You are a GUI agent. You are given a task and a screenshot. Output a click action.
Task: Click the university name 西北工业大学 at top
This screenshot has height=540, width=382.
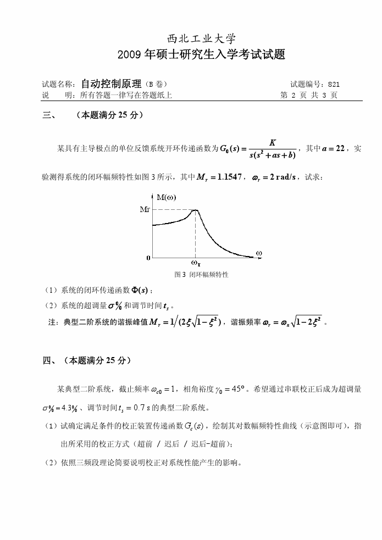(201, 38)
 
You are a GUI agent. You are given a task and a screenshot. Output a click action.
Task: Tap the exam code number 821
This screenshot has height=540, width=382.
(334, 85)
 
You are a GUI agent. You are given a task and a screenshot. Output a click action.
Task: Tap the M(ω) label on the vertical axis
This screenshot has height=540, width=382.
(166, 198)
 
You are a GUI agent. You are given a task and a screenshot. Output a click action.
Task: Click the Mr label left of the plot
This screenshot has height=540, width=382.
(145, 210)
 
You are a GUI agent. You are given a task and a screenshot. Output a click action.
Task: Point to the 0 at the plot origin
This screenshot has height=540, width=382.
(148, 257)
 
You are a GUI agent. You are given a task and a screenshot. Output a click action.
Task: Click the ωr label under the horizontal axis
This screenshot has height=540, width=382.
(195, 263)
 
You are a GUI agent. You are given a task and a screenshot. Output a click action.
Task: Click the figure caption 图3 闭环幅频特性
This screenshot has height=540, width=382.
(201, 274)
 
